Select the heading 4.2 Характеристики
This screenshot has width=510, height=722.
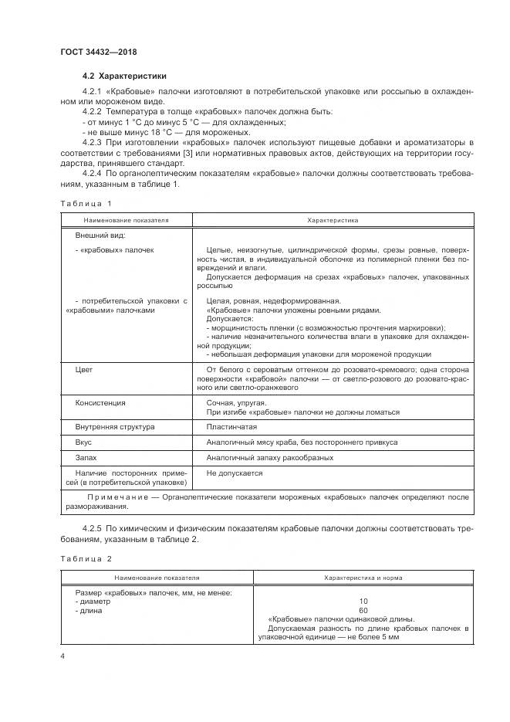click(x=123, y=76)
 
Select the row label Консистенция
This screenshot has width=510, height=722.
click(x=100, y=403)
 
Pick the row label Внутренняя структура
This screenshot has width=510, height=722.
click(x=114, y=426)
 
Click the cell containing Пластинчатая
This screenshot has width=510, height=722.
click(x=231, y=426)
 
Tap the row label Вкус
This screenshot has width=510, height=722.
click(x=83, y=442)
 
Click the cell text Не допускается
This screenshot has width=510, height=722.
click(x=235, y=473)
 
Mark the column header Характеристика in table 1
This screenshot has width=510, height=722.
click(x=333, y=220)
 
